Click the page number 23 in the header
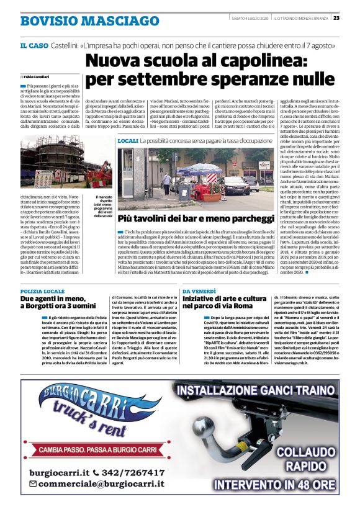pyautogui.click(x=353, y=17)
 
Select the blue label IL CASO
pyautogui.click(x=35, y=46)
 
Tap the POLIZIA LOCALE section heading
pyautogui.click(x=42, y=290)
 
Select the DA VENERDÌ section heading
pyautogui.click(x=199, y=290)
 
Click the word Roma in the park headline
pyautogui.click(x=254, y=306)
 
